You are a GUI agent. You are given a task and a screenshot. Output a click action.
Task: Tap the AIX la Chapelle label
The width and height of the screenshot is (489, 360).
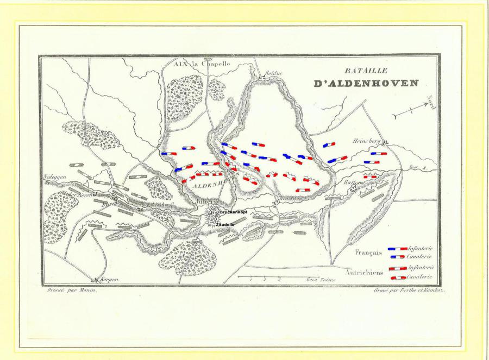(x=202, y=64)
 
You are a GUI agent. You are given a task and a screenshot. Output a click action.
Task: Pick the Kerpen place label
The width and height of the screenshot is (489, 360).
(x=109, y=280)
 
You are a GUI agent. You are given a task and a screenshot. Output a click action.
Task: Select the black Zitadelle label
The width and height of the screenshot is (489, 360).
(x=225, y=224)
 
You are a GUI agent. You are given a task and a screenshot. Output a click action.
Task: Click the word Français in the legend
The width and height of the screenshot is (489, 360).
(x=369, y=252)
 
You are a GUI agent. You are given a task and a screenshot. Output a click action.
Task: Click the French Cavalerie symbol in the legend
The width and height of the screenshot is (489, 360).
(x=397, y=256)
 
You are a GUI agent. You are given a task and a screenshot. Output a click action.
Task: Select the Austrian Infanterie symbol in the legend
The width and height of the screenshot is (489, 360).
(x=398, y=269)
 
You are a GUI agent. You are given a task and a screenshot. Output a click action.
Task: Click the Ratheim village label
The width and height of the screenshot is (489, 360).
(x=353, y=183)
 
